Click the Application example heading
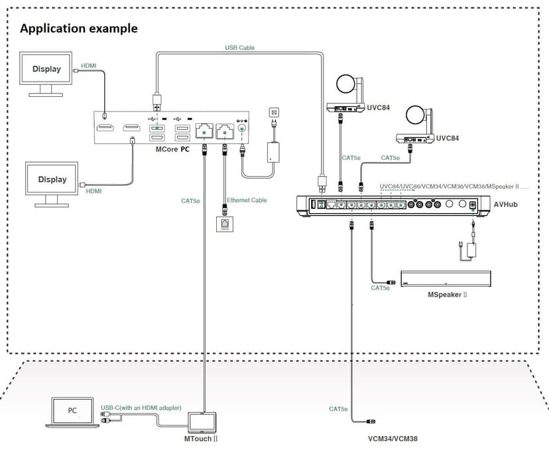[79, 29]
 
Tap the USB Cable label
[240, 47]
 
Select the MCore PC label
[172, 149]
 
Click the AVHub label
[506, 204]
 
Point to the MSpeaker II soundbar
[446, 279]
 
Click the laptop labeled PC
[72, 412]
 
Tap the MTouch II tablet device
[202, 422]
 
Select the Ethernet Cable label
[247, 200]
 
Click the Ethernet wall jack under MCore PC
[225, 224]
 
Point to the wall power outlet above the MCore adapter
[274, 113]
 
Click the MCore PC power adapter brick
[273, 152]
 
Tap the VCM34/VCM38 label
[393, 439]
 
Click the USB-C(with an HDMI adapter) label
[141, 408]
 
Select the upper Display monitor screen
[46, 68]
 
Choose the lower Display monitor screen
[52, 179]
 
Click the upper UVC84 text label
[378, 108]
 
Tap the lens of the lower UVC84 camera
[415, 115]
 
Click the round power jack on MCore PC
[241, 128]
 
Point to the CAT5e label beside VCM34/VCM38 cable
[338, 409]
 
